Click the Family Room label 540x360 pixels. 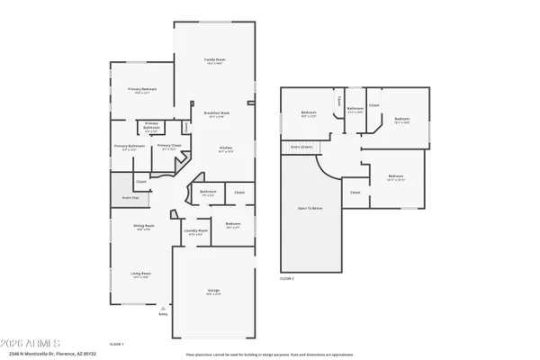pyautogui.click(x=213, y=60)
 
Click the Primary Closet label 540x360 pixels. pyautogui.click(x=169, y=146)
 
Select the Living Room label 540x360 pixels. pyautogui.click(x=141, y=274)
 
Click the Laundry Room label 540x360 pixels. pyautogui.click(x=195, y=230)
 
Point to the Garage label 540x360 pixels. pyautogui.click(x=212, y=292)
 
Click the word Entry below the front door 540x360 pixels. pyautogui.click(x=163, y=314)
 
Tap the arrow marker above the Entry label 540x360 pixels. pyautogui.click(x=163, y=307)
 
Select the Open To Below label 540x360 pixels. pyautogui.click(x=310, y=208)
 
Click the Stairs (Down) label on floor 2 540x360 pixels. pyautogui.click(x=301, y=146)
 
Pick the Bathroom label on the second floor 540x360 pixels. pyautogui.click(x=355, y=109)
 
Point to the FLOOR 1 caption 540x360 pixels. pyautogui.click(x=116, y=345)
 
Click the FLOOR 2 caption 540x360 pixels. pyautogui.click(x=286, y=279)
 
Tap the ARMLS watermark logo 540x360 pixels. pyautogui.click(x=31, y=344)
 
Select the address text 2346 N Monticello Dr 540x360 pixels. pyautogui.click(x=40, y=355)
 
